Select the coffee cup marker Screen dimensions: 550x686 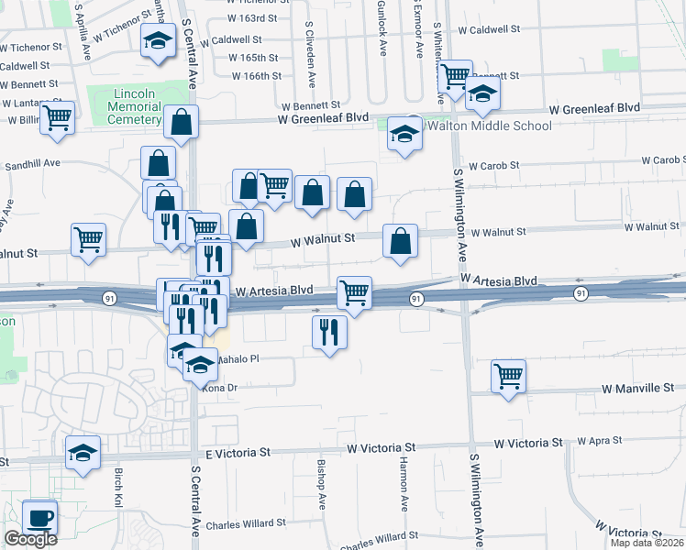click(x=39, y=517)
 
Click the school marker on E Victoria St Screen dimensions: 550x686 click(x=83, y=453)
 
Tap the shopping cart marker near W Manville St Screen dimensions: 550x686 click(x=508, y=375)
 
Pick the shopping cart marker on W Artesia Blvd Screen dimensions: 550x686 click(x=354, y=293)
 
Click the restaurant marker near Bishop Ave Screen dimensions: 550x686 click(x=330, y=332)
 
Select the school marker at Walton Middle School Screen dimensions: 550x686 click(x=404, y=135)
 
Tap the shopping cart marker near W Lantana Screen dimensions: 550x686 click(x=58, y=118)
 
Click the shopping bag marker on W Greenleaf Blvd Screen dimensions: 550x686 click(x=183, y=122)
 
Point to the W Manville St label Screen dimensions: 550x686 click(x=638, y=389)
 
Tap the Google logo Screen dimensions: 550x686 click(x=30, y=538)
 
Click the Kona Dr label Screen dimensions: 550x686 click(x=220, y=388)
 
